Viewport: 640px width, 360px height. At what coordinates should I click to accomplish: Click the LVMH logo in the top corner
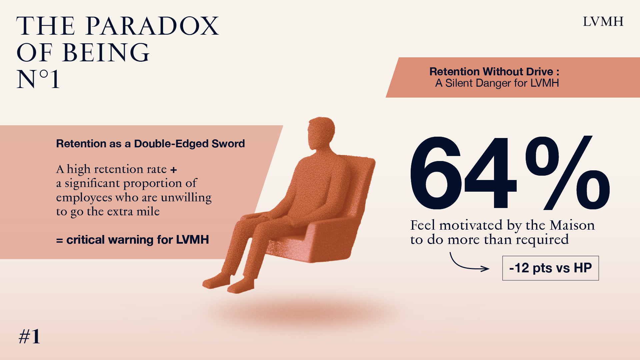pyautogui.click(x=603, y=22)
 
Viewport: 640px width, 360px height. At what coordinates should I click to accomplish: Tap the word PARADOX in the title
pyautogui.click(x=152, y=26)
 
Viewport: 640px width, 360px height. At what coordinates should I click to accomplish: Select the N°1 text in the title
pyautogui.click(x=38, y=79)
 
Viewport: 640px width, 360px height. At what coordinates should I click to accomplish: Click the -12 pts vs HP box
pyautogui.click(x=550, y=268)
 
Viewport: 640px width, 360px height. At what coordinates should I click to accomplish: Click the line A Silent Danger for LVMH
pyautogui.click(x=497, y=83)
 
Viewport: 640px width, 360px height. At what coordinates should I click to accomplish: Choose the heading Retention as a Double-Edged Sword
pyautogui.click(x=150, y=144)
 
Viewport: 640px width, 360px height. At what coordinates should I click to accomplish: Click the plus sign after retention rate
pyautogui.click(x=173, y=170)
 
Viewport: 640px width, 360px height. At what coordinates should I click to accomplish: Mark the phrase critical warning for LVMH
pyautogui.click(x=138, y=240)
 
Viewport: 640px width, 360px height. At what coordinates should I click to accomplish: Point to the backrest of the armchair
pyautogui.click(x=360, y=187)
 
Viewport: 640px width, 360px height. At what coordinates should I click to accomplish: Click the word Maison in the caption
pyautogui.click(x=572, y=225)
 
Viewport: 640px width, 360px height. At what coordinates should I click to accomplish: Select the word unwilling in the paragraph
pyautogui.click(x=186, y=198)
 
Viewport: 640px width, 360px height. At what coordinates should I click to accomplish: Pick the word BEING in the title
pyautogui.click(x=106, y=53)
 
